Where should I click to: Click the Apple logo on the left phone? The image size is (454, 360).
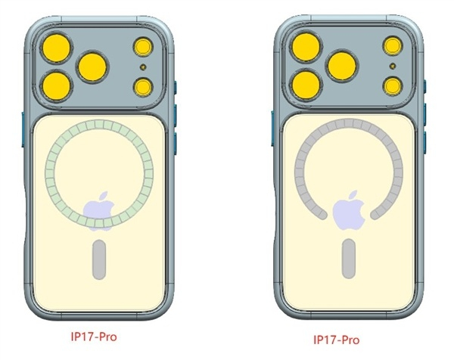click(x=98, y=211)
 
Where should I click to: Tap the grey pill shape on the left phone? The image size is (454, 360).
click(x=99, y=259)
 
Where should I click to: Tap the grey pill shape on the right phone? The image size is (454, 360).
click(x=349, y=259)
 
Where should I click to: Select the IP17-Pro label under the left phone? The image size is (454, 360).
click(x=94, y=337)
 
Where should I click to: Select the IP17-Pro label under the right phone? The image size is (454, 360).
click(x=337, y=340)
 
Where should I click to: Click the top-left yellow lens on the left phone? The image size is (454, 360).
click(x=57, y=48)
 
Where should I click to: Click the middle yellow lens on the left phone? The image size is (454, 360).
click(x=92, y=67)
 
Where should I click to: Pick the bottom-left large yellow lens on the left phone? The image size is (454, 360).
click(x=57, y=86)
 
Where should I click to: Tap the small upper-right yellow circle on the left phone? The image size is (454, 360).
click(x=143, y=47)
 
